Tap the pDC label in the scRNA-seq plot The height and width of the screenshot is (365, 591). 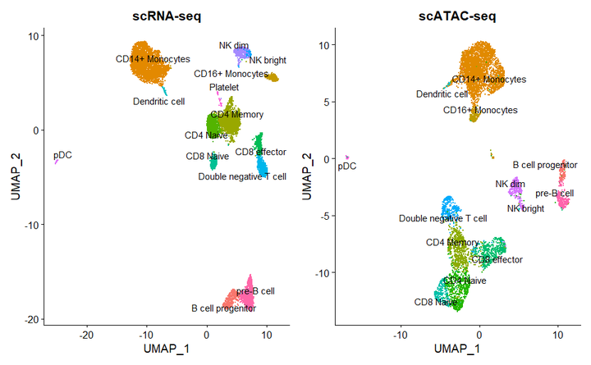(62, 154)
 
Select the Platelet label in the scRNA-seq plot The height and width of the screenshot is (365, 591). (224, 87)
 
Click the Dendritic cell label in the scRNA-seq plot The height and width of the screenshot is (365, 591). (159, 102)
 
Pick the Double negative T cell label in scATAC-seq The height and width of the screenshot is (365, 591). (442, 219)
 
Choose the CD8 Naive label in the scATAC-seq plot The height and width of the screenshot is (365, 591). (435, 302)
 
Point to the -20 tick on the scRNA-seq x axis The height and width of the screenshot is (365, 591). (87, 335)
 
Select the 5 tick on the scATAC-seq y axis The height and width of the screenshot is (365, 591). (326, 102)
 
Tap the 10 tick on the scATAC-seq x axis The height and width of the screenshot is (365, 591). (558, 335)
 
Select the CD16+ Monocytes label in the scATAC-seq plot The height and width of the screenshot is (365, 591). (480, 110)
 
